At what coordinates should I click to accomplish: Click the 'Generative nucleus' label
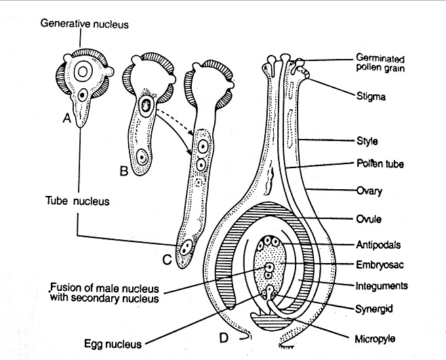(84, 23)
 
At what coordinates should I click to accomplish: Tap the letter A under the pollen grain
(66, 119)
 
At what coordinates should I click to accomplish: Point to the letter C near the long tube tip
(166, 257)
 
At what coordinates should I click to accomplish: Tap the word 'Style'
(366, 142)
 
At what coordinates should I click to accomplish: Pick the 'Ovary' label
(369, 191)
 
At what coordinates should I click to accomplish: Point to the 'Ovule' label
(368, 219)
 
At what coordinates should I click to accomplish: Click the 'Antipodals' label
(378, 243)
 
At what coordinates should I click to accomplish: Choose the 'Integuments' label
(382, 286)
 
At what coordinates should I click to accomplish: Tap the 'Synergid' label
(376, 309)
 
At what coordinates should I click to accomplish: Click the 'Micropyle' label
(377, 337)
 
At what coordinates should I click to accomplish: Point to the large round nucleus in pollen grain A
(82, 72)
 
